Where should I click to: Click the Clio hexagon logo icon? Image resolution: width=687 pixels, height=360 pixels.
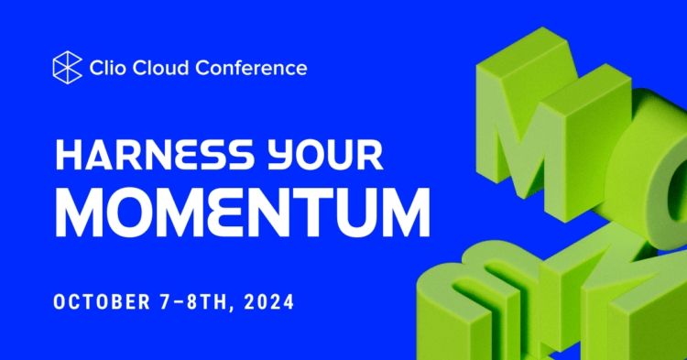pos(68,67)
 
